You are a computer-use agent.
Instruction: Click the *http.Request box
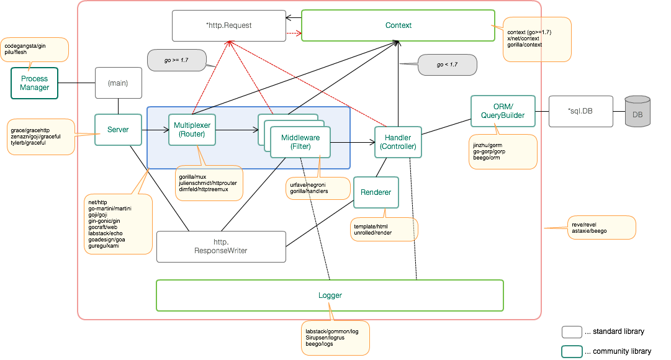point(228,25)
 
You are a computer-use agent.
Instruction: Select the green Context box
point(398,25)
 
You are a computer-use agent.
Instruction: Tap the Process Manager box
point(35,83)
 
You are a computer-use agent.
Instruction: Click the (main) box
point(118,83)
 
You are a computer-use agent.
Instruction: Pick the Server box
point(118,130)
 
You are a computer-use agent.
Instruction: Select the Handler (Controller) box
point(398,142)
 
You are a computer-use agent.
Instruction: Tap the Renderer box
point(376,192)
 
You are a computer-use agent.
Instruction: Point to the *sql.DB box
point(580,111)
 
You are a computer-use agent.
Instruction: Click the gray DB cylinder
point(637,112)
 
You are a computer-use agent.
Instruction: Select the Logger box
point(330,295)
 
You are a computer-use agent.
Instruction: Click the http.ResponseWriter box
point(222,246)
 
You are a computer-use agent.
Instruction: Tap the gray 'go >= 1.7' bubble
point(176,60)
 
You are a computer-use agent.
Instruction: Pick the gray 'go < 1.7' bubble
point(447,65)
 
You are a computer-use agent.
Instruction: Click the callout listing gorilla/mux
point(209,183)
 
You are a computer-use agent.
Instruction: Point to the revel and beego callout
point(601,227)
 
